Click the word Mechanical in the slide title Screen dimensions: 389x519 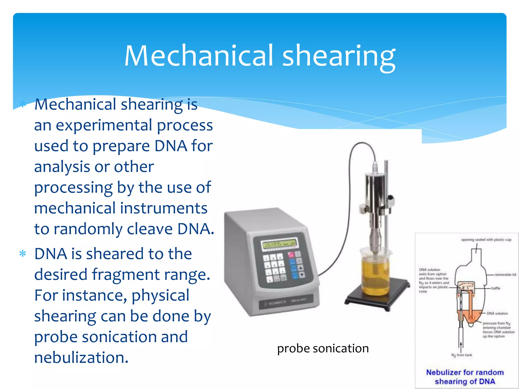pos(199,56)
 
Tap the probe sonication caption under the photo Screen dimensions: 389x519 pos(323,348)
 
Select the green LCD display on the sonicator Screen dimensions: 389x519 pos(280,244)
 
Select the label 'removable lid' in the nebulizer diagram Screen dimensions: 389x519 pos(505,275)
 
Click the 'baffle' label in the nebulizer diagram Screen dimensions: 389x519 pos(496,288)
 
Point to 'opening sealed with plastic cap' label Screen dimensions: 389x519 pos(486,240)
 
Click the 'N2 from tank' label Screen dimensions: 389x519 pos(461,355)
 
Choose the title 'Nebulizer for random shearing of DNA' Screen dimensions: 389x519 pos(465,377)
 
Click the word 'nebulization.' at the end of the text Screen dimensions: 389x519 pos(81,358)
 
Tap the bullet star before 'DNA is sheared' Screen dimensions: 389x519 pos(23,254)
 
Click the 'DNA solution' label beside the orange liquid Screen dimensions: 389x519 pos(497,313)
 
